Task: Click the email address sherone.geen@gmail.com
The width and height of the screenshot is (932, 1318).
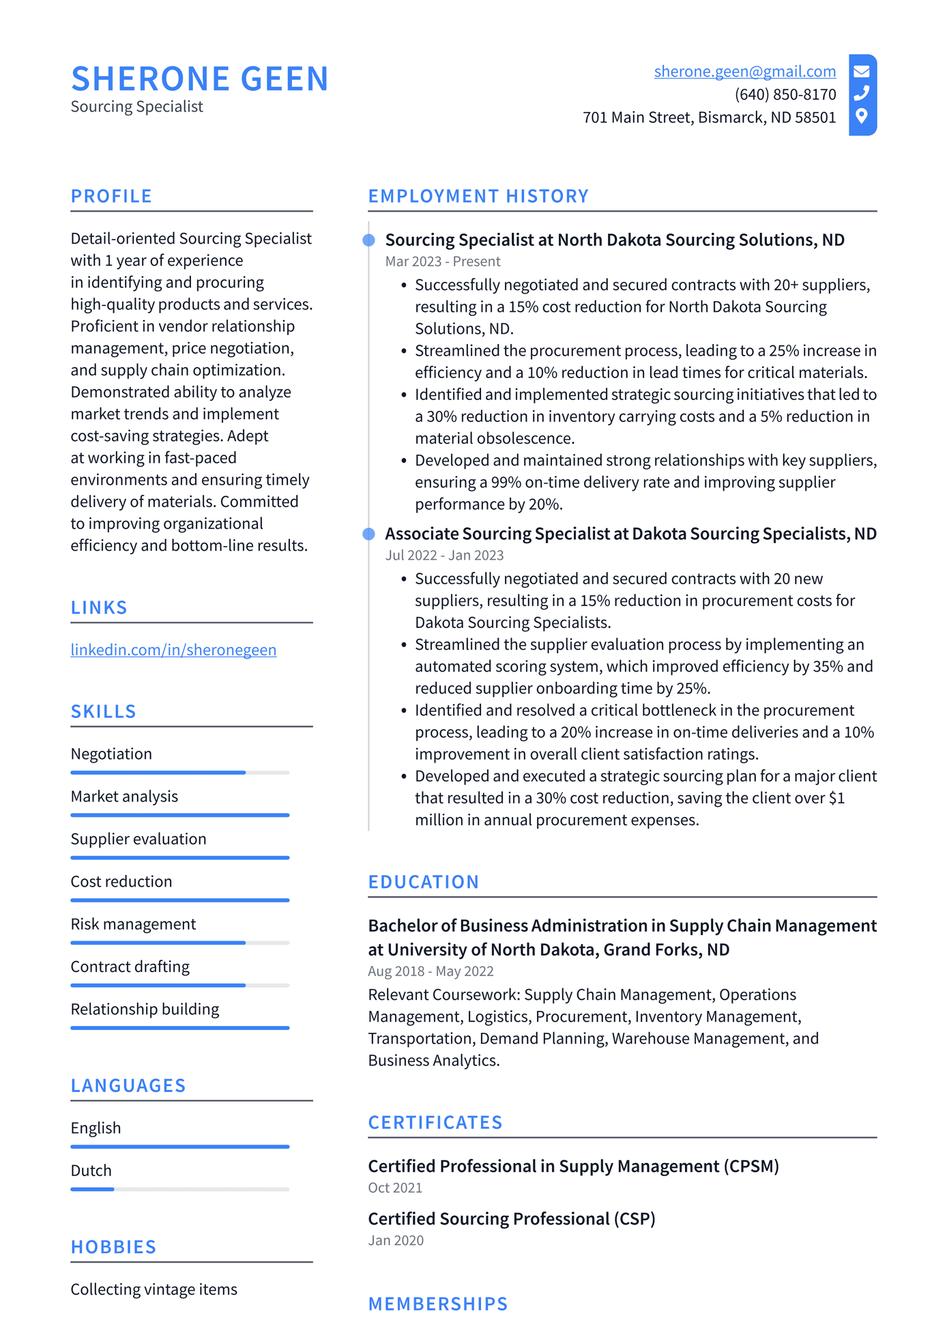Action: (x=744, y=72)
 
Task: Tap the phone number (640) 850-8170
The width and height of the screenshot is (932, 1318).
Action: (x=785, y=94)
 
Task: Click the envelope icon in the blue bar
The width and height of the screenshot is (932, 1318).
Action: (x=862, y=71)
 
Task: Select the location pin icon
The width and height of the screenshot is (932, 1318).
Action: (x=862, y=116)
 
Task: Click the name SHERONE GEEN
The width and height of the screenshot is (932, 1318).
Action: (x=200, y=79)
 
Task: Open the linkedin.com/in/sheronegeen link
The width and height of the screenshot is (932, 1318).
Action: (x=173, y=650)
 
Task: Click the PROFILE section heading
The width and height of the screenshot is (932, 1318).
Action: (x=111, y=197)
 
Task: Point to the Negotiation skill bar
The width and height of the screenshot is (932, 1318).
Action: (x=179, y=773)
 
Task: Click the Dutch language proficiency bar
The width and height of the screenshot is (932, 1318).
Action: (x=179, y=1189)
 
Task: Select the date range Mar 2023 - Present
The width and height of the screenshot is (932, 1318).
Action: (x=442, y=261)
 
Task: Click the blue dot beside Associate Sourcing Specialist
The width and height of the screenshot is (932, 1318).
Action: (x=368, y=534)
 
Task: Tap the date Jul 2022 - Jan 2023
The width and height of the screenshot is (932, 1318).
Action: (x=444, y=556)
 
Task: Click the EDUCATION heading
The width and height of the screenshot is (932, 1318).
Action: (x=423, y=882)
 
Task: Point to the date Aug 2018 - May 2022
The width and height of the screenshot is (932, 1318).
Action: (x=431, y=971)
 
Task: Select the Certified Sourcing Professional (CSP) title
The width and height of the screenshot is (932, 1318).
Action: (x=511, y=1219)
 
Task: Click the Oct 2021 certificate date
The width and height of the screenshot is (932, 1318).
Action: (x=394, y=1188)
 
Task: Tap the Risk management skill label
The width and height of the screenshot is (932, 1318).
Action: (x=133, y=924)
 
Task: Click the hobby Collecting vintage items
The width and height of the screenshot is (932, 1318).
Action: (x=154, y=1289)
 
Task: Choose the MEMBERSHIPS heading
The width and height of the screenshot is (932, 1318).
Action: (x=437, y=1304)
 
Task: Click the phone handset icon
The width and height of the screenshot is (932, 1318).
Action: (x=862, y=93)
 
